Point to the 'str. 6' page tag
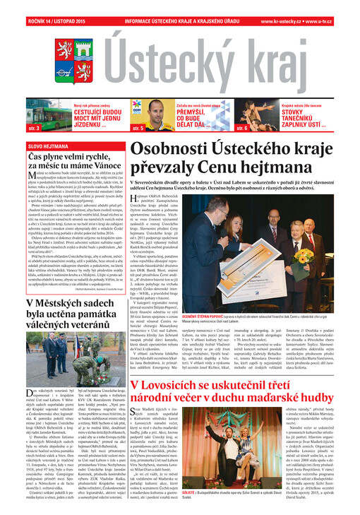(x=242, y=129)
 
